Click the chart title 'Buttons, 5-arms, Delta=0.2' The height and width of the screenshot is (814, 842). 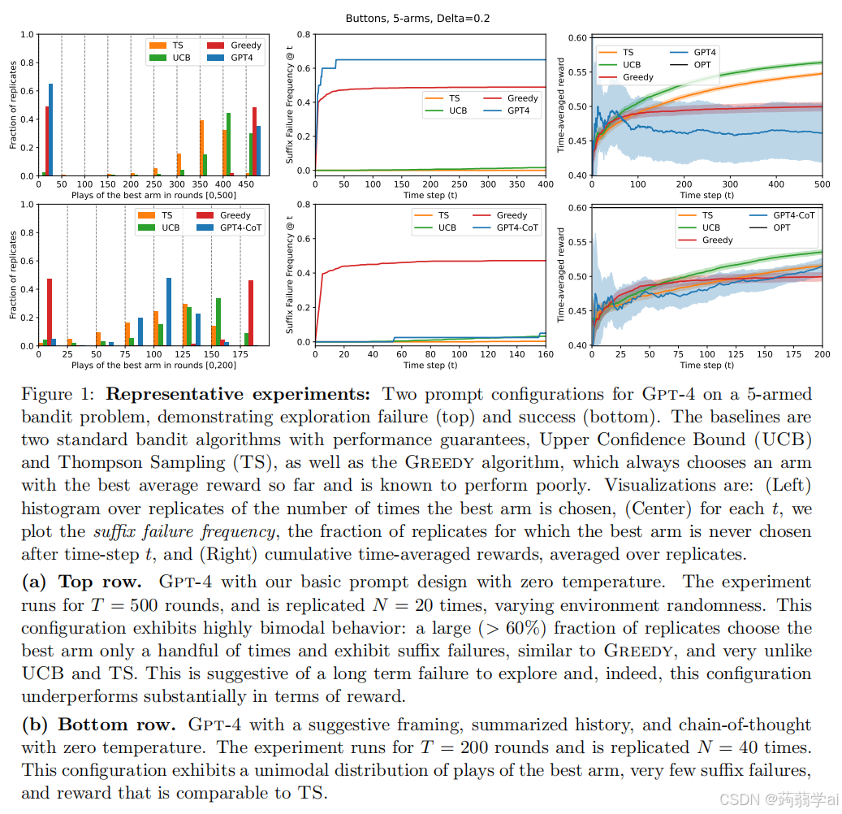(x=417, y=18)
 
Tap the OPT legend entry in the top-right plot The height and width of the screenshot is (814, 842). (x=702, y=64)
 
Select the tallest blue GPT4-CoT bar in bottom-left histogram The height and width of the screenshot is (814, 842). (x=169, y=312)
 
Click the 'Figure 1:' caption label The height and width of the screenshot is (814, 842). (x=58, y=395)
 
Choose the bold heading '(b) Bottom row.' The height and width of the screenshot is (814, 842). (x=98, y=725)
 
